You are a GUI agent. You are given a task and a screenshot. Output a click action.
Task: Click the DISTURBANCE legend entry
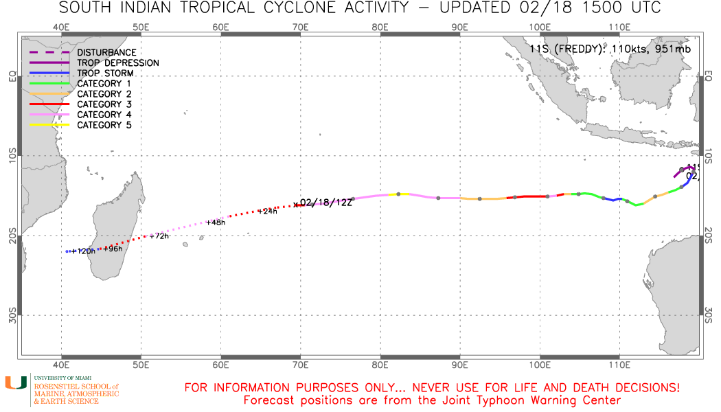coord(106,52)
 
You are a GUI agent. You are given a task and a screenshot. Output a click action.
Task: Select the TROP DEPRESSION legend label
coord(118,62)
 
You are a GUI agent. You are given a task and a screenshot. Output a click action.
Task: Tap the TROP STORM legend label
coord(105,73)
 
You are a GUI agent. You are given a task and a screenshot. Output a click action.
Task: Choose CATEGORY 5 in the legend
coord(104,125)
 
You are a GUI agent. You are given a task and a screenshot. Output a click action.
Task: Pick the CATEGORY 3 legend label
coord(104,104)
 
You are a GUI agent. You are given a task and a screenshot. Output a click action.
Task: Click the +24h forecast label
coord(267,211)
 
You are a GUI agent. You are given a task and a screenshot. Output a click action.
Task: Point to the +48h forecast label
coord(216,222)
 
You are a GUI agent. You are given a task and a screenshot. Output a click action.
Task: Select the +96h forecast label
coord(113,249)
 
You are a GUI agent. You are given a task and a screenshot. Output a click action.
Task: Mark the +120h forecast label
coord(83,251)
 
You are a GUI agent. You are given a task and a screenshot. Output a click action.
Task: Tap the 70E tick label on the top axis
coord(300,27)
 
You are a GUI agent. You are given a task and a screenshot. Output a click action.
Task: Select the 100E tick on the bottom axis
coord(540,364)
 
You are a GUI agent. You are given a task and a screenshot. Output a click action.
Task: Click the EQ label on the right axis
coord(709,76)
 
